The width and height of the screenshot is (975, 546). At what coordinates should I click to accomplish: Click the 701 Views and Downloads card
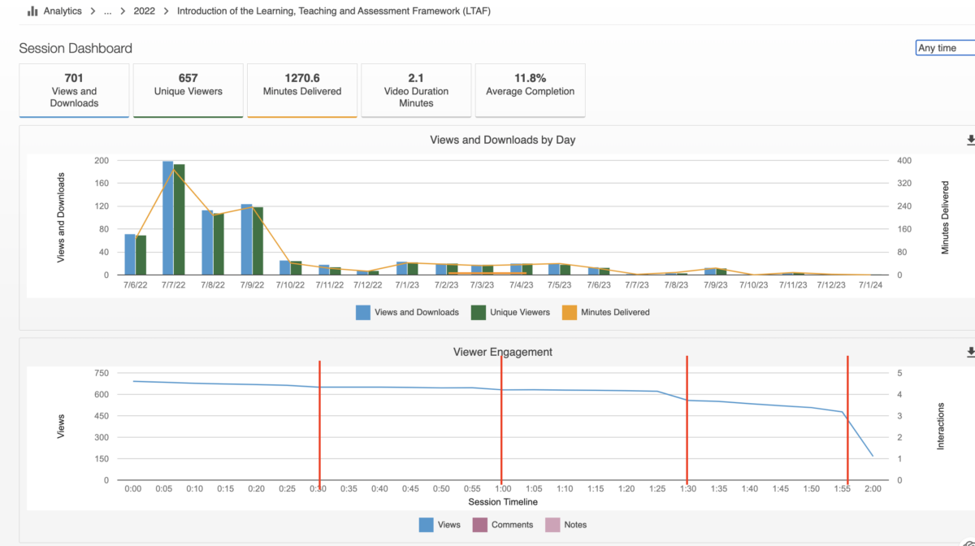(74, 90)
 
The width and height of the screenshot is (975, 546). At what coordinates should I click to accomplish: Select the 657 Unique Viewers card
(188, 90)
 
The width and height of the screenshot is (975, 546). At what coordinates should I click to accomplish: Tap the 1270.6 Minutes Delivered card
(302, 90)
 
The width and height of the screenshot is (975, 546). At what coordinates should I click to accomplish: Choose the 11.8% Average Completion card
(530, 90)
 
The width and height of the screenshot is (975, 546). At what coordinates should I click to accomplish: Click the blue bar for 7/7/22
(168, 218)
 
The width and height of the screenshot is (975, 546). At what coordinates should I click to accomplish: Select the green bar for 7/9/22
(258, 241)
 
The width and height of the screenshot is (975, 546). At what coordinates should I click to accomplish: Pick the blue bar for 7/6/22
(130, 254)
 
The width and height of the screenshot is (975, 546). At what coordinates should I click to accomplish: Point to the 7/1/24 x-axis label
(870, 284)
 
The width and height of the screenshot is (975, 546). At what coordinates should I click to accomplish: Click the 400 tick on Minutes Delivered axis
(904, 161)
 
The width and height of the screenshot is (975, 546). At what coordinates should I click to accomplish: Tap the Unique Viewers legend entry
(510, 312)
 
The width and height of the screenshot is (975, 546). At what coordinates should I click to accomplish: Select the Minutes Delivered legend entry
(606, 312)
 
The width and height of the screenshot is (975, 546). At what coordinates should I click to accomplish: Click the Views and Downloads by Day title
(503, 140)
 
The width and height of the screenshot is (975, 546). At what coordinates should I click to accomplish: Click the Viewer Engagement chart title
(503, 352)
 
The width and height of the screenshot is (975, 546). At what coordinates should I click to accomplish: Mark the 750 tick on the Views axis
(102, 373)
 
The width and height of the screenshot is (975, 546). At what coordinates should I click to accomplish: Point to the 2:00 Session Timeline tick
(873, 488)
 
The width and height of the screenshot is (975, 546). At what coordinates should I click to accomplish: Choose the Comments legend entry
(503, 525)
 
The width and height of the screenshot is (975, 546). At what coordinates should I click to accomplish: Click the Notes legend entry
(565, 525)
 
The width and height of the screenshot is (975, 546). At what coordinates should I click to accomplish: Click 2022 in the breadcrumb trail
(144, 11)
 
